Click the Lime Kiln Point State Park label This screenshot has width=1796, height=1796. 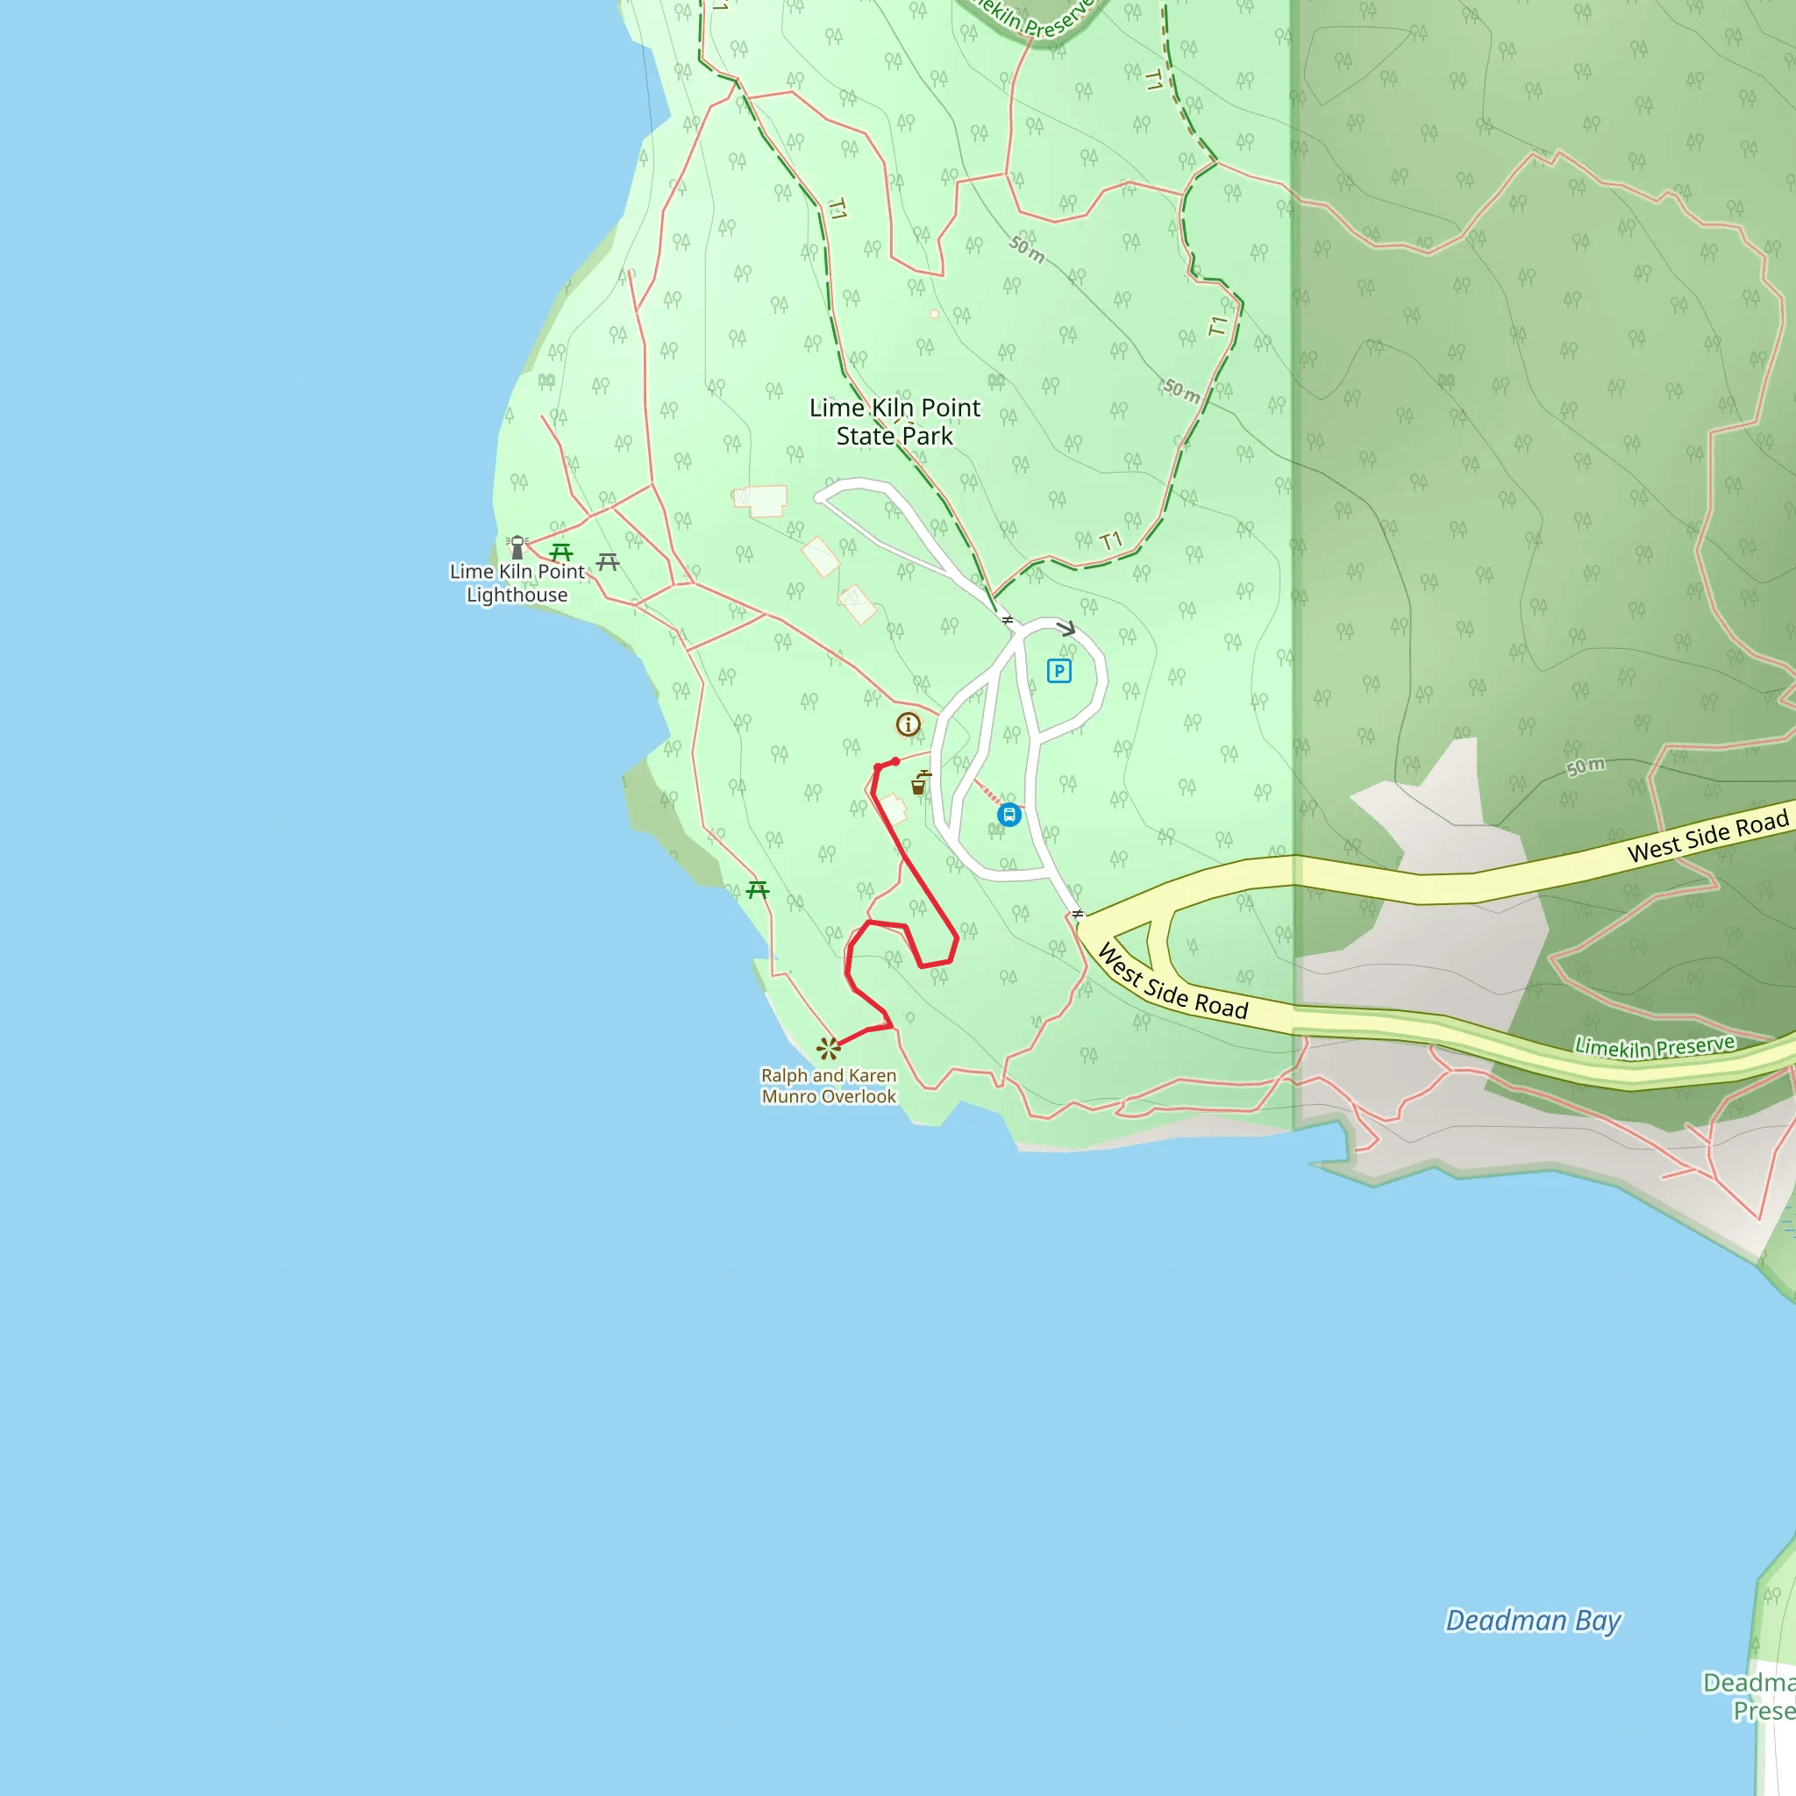(x=894, y=421)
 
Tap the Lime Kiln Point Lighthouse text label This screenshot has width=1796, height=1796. (x=517, y=583)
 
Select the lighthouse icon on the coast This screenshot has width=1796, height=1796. (x=517, y=546)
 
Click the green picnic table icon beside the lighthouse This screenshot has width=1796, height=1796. (x=560, y=552)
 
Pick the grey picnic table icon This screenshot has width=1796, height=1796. (x=608, y=561)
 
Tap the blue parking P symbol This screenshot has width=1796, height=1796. (x=1058, y=670)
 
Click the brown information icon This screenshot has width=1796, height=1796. (x=909, y=724)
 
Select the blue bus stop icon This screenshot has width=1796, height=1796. (x=1008, y=816)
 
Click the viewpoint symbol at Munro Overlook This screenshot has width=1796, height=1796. (x=828, y=1049)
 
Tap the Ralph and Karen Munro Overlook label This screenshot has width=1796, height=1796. (x=828, y=1086)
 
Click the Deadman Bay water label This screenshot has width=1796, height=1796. (x=1533, y=1621)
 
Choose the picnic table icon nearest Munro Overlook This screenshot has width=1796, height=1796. (x=758, y=891)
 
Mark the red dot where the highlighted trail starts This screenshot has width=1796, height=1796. (x=895, y=761)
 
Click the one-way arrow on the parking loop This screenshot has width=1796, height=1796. (x=1066, y=629)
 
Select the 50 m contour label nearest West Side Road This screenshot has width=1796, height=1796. (x=1585, y=766)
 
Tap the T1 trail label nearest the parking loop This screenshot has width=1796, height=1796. (x=1110, y=541)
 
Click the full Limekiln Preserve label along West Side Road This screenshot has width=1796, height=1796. (x=1654, y=1046)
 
